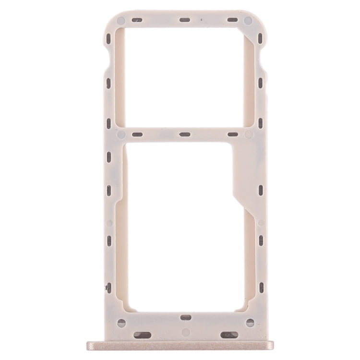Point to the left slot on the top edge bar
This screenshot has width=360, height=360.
(x=136, y=21)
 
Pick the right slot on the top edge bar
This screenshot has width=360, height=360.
(x=232, y=21)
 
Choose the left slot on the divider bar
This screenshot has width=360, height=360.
(x=136, y=134)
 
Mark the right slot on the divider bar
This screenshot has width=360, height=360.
(x=232, y=134)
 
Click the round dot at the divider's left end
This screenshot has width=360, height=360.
(x=121, y=134)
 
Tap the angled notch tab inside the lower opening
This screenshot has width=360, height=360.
(x=242, y=173)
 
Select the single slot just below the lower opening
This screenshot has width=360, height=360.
(x=184, y=303)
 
